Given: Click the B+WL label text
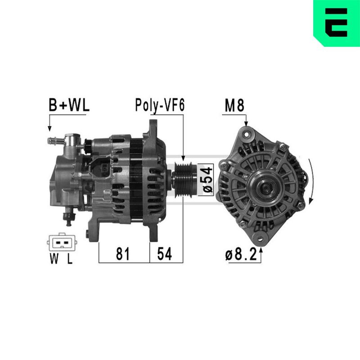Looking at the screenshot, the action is (69, 105).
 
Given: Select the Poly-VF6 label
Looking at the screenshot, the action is (160, 105).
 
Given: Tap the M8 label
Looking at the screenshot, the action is (234, 105).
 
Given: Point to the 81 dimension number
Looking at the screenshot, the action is (123, 254).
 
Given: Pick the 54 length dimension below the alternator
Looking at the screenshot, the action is (164, 254).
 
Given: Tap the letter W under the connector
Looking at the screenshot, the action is (54, 259).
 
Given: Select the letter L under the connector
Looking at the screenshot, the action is (70, 259).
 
